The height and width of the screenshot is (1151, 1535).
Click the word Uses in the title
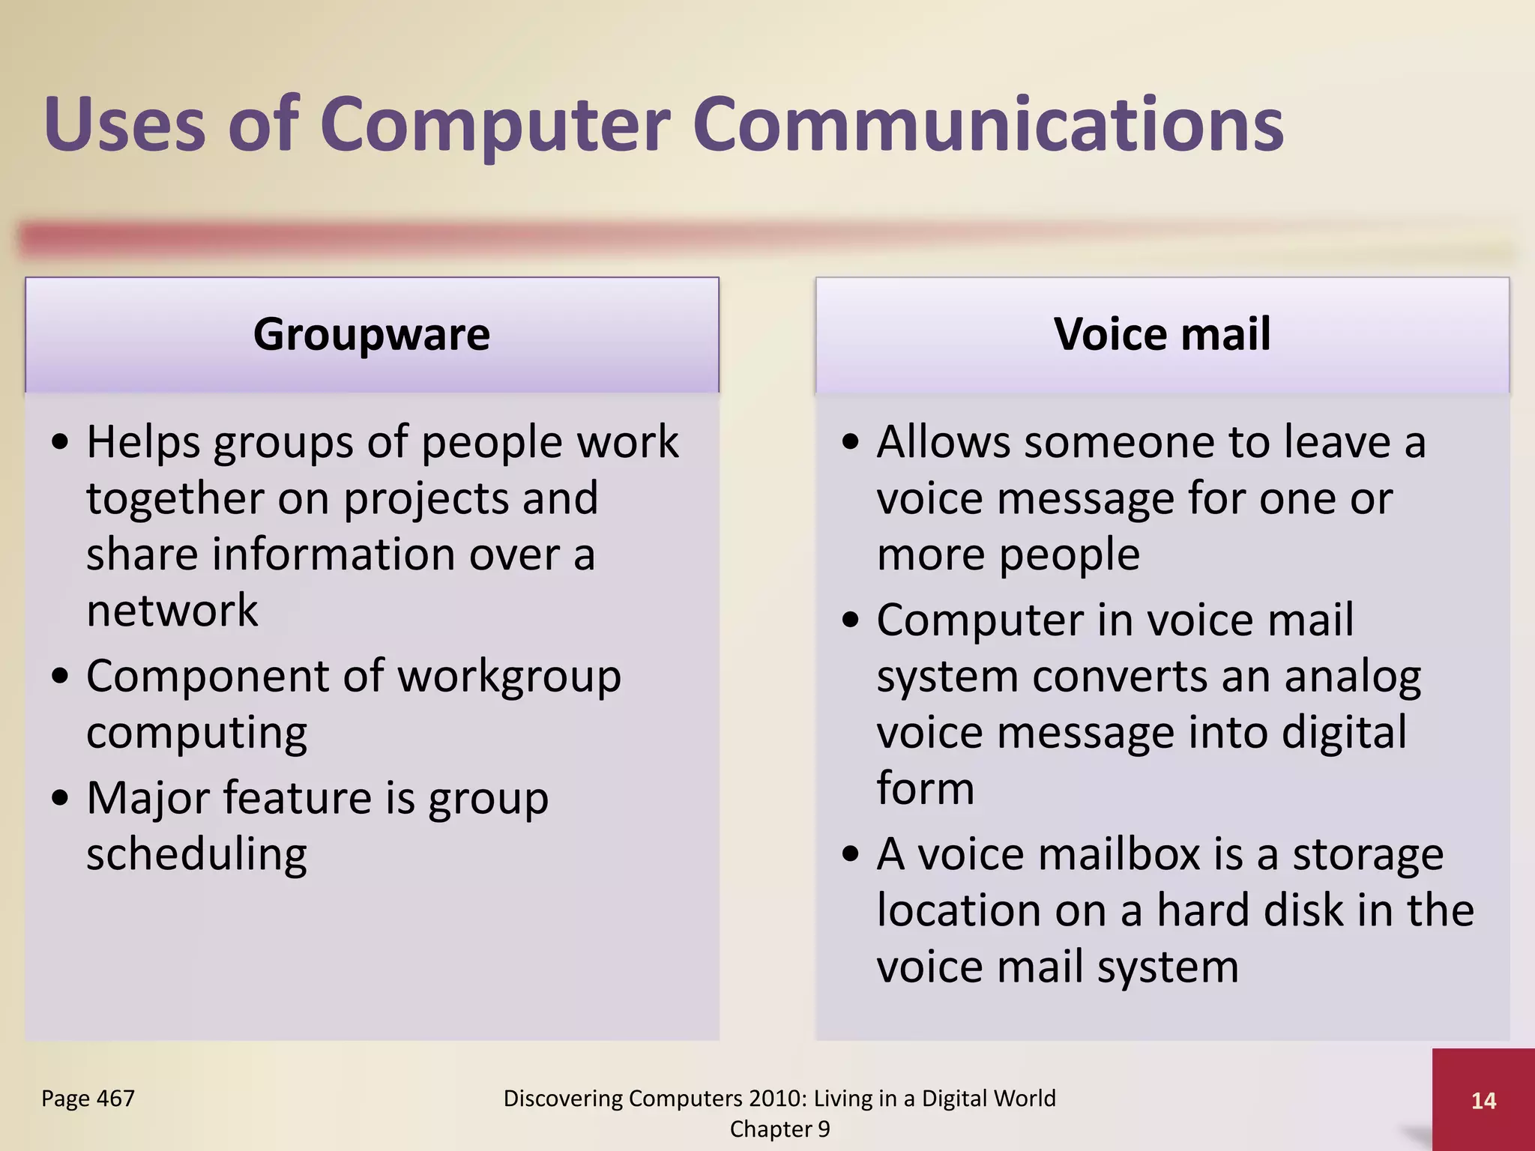(x=124, y=124)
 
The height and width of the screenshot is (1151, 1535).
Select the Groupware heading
(x=372, y=334)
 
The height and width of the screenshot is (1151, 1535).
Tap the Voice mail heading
(x=1162, y=334)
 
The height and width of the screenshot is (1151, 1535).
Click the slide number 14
(x=1483, y=1100)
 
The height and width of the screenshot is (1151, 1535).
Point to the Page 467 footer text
(x=88, y=1099)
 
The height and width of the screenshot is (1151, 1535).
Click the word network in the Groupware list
(x=172, y=611)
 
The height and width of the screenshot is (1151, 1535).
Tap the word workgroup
(x=509, y=677)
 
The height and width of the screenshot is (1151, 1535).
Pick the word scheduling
(x=196, y=855)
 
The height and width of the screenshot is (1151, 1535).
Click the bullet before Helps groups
(x=61, y=442)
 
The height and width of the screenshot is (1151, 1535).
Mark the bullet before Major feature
(x=61, y=799)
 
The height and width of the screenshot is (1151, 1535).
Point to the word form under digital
(x=926, y=789)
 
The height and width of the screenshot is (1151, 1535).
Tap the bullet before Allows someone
(x=851, y=442)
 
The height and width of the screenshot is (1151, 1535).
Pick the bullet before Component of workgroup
(x=61, y=677)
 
